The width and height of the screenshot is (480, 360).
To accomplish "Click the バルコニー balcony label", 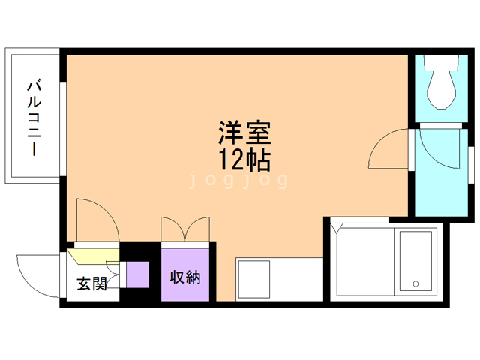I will pos(34,117).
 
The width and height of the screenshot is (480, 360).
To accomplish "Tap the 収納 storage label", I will pos(184,277).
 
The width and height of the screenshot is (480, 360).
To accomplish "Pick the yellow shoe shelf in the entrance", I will pos(94,256).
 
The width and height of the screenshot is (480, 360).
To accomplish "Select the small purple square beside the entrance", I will pos(137,274).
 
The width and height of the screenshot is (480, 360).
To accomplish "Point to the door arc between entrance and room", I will pos(96,219).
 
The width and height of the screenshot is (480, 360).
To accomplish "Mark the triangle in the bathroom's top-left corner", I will pos(335,226).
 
